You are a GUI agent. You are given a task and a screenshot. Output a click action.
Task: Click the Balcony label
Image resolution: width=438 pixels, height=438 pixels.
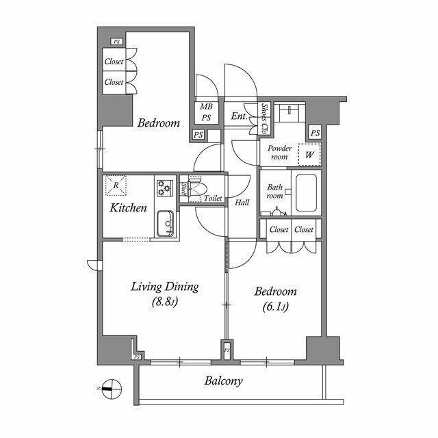(x=222, y=381)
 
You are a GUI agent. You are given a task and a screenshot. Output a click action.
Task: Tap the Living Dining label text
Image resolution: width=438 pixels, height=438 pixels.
(x=165, y=287)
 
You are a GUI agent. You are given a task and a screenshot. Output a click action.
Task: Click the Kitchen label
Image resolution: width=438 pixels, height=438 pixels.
(x=128, y=207)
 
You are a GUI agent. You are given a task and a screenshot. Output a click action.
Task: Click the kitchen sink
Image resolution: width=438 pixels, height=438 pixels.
(x=164, y=223)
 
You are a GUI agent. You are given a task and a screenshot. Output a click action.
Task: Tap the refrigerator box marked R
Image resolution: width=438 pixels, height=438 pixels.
(x=116, y=185)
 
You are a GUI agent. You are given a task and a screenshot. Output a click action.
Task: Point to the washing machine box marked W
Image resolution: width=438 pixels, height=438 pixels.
(x=309, y=155)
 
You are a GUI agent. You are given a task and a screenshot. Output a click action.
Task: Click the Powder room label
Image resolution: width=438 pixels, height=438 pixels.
(x=279, y=152)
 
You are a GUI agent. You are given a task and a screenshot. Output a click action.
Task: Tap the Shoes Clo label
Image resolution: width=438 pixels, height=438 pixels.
(x=265, y=118)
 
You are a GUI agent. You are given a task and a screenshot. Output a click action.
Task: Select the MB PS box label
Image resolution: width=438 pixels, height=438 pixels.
(x=206, y=112)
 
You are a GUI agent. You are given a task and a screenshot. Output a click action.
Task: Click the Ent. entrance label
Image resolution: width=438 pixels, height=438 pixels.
(x=240, y=116)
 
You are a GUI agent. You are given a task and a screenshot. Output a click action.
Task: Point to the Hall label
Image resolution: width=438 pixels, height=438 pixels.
(x=242, y=203)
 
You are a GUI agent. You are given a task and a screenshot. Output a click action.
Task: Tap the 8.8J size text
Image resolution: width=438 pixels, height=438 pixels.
(x=165, y=302)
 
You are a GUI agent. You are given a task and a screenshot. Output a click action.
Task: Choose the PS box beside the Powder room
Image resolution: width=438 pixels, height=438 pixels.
(x=315, y=133)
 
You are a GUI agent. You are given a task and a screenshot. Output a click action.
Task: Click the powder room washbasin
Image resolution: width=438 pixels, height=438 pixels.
(x=296, y=110)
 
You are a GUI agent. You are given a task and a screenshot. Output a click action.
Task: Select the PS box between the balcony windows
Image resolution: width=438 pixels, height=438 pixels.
(x=227, y=351)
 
